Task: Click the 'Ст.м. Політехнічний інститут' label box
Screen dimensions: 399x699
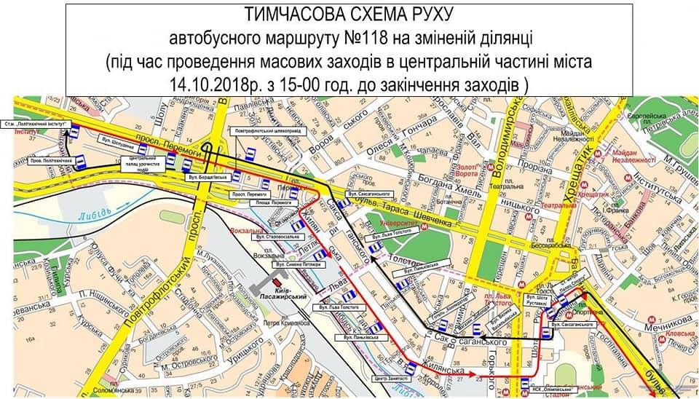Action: [41, 125]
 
